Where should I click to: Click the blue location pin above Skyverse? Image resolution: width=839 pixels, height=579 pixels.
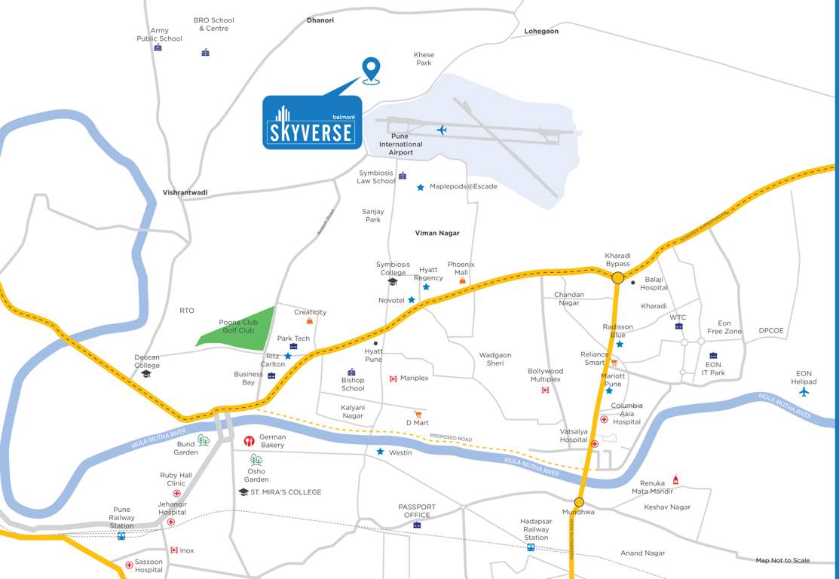pos(370,68)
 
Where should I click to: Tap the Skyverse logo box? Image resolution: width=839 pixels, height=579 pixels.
pos(312,122)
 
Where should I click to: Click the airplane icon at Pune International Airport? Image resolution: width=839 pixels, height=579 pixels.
pos(442,130)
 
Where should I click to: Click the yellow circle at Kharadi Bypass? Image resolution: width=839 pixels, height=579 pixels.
pos(617,278)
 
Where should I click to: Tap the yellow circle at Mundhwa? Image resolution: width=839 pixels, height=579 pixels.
pos(579,502)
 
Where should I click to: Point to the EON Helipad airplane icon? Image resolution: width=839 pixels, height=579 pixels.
pos(804,391)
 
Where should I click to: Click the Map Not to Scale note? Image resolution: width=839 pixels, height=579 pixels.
pos(782,560)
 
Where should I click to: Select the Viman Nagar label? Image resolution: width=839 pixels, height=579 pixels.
pos(437,234)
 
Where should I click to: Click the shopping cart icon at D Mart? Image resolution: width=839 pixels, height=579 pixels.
pos(418,414)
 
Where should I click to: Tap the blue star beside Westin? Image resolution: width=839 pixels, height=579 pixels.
pos(381,452)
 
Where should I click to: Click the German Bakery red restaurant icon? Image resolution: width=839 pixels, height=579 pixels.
pos(249,441)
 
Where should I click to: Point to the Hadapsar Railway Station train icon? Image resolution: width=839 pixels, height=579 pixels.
pos(531,547)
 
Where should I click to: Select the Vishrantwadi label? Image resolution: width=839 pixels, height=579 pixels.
pos(185,193)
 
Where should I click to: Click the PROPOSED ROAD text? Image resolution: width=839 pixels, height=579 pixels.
pos(450,437)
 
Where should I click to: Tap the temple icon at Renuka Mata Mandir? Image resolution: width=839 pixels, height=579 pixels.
pos(675,479)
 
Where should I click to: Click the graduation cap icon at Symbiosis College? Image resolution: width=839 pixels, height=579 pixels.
pos(392,282)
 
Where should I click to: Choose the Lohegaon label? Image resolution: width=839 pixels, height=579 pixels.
pos(541,32)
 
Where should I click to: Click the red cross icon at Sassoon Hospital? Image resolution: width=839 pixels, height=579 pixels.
pos(129,563)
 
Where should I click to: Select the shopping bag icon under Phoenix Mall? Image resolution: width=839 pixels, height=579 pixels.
pos(462,280)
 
